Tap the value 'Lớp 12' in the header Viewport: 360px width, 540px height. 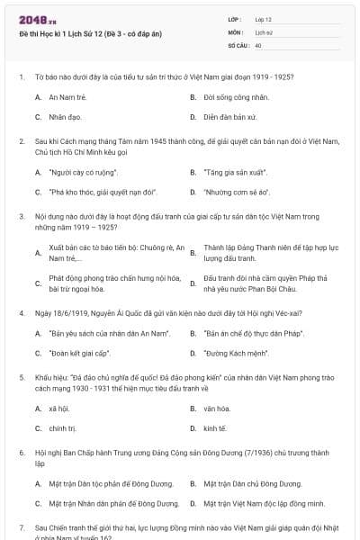coord(264,19)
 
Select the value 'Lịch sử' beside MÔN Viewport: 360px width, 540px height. coord(264,31)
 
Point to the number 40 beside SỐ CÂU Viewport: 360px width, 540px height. coord(258,44)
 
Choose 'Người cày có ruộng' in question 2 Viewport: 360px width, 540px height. coord(82,170)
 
